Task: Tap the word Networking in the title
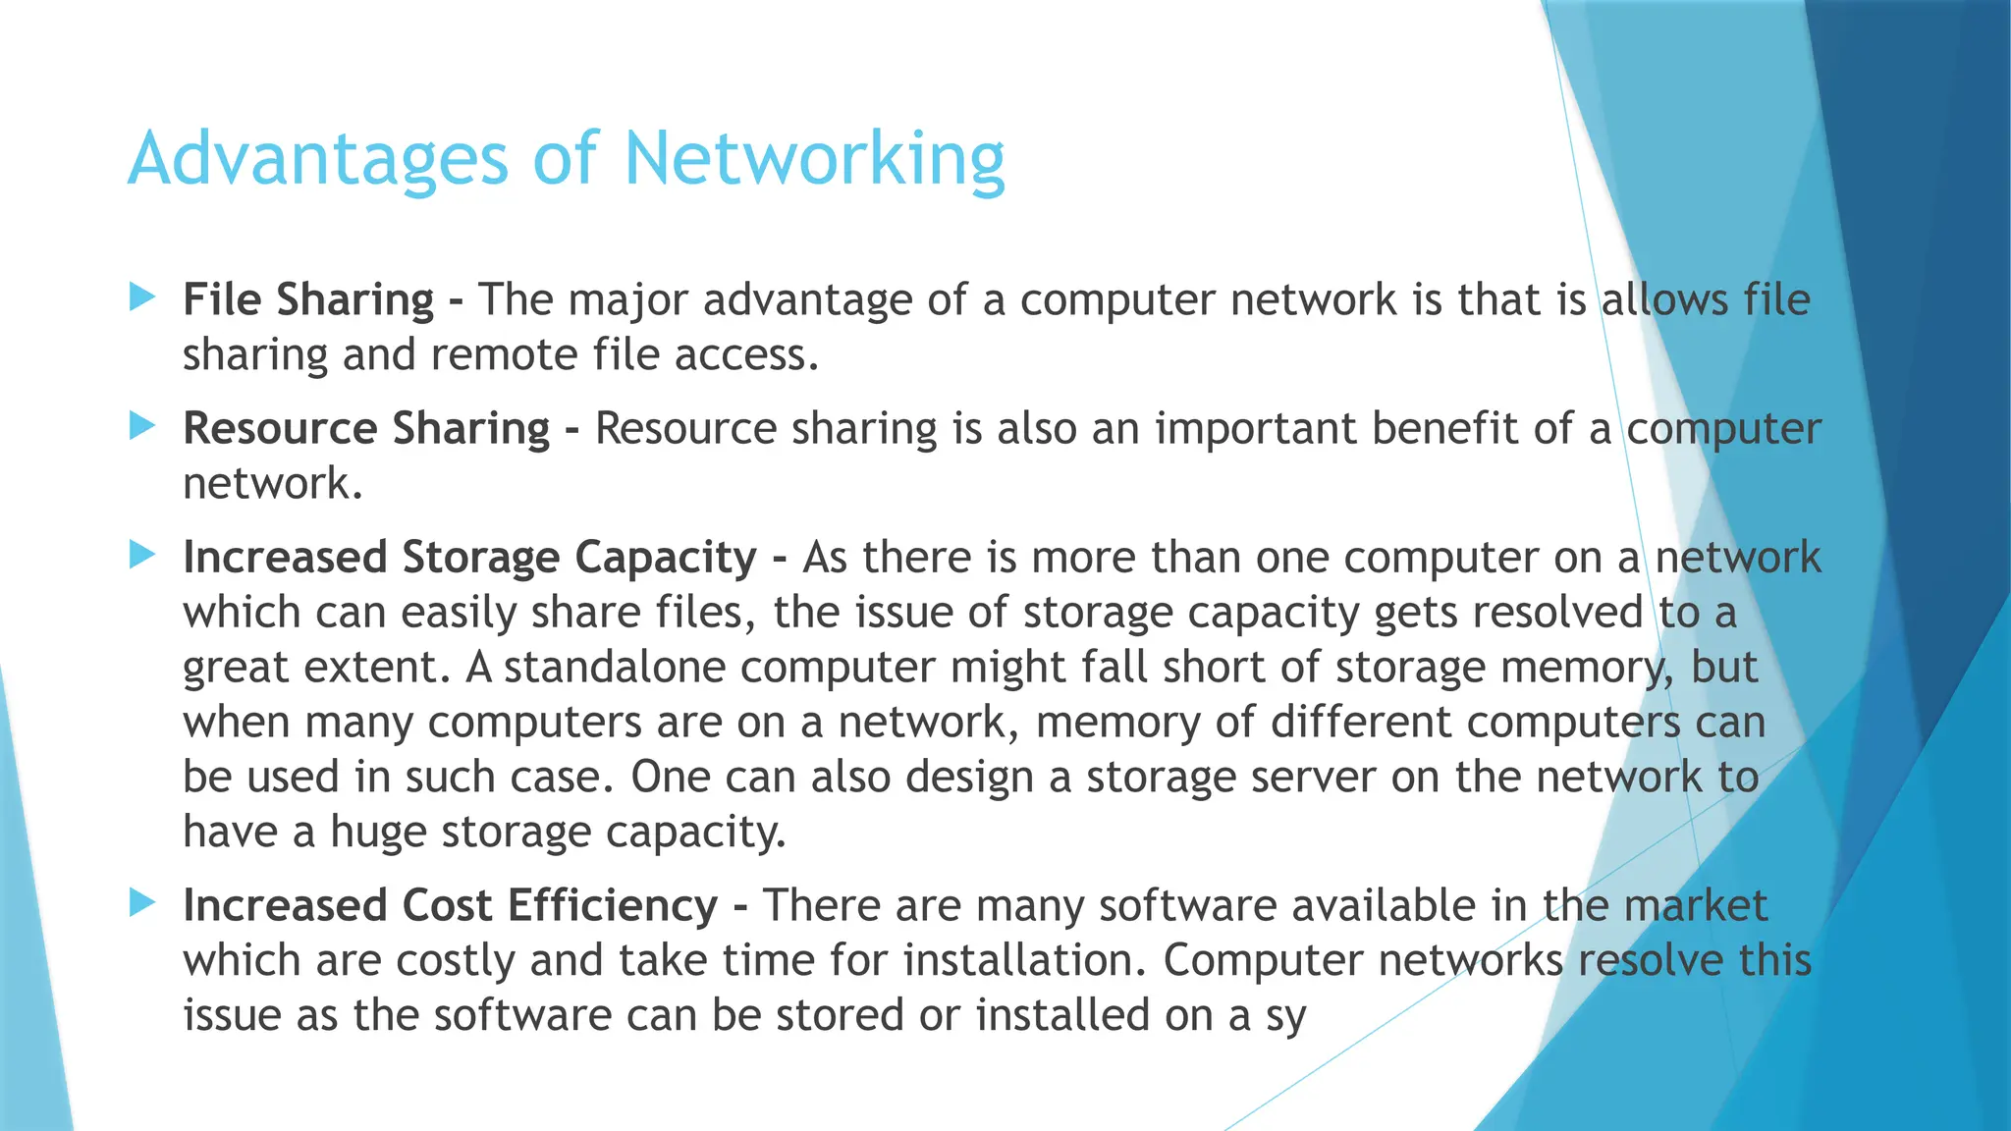click(x=814, y=159)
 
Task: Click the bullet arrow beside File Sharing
click(x=142, y=297)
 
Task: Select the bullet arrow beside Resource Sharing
click(x=142, y=426)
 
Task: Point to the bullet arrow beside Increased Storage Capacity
click(x=142, y=556)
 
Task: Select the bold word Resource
click(x=280, y=429)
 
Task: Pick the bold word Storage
click(x=480, y=558)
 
